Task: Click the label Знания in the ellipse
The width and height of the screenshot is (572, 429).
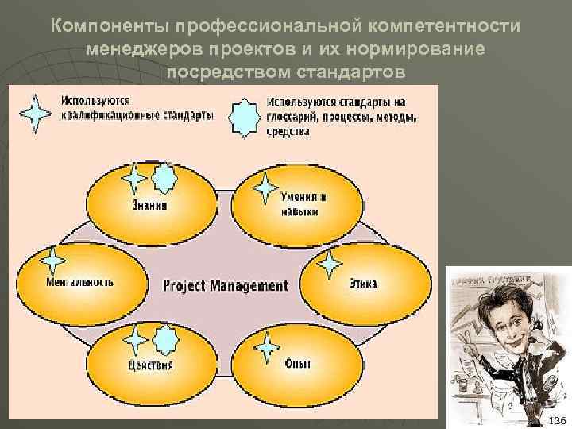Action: click(x=149, y=204)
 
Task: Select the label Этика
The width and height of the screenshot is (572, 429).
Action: click(x=362, y=283)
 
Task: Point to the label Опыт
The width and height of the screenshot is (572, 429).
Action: click(x=298, y=364)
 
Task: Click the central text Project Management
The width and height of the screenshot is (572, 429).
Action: click(x=225, y=284)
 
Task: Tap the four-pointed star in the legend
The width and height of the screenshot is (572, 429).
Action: click(x=37, y=113)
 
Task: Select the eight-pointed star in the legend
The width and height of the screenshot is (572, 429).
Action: click(x=243, y=117)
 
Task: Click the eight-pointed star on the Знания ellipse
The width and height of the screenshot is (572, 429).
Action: click(x=164, y=178)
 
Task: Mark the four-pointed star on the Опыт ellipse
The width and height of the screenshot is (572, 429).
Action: click(x=267, y=347)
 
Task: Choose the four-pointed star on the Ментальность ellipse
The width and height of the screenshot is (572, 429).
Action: click(x=53, y=261)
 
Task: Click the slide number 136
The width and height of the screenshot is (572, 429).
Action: click(x=558, y=419)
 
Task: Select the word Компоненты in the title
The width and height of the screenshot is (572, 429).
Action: click(x=110, y=26)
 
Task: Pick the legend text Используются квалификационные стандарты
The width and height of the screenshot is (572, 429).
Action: click(x=136, y=108)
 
